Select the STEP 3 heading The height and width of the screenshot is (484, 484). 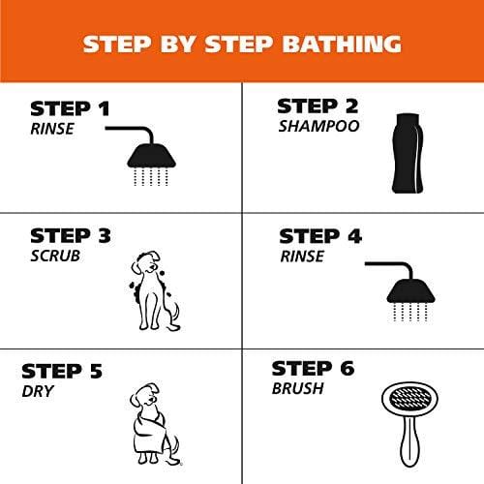click(71, 236)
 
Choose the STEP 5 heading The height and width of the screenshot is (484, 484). click(63, 372)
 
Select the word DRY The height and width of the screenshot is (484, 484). click(39, 392)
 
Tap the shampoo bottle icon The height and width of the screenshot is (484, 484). click(406, 152)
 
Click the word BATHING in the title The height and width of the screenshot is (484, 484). click(322, 44)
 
